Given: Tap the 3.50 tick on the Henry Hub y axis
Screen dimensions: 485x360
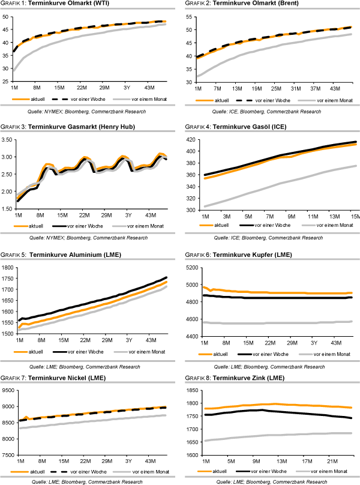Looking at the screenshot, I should point(9,140).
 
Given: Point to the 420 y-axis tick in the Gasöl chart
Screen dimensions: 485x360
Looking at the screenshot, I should point(191,140).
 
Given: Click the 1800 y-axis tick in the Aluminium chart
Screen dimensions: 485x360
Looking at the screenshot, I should point(8,268).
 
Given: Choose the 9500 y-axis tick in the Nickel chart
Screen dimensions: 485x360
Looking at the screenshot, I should point(8,390).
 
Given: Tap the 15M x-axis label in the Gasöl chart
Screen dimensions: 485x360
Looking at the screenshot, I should point(354,215).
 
